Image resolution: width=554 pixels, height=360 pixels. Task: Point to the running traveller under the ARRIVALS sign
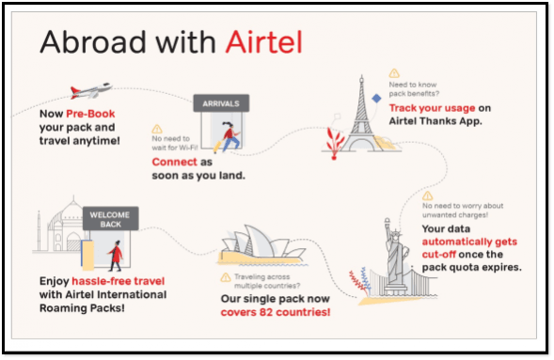tap(225, 137)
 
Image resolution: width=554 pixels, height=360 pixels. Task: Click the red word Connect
tap(174, 161)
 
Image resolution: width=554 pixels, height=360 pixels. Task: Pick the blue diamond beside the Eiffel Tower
tap(376, 97)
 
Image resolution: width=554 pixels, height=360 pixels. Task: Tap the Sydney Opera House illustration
tap(255, 248)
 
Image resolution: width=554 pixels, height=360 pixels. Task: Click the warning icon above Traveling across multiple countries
tap(225, 278)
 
